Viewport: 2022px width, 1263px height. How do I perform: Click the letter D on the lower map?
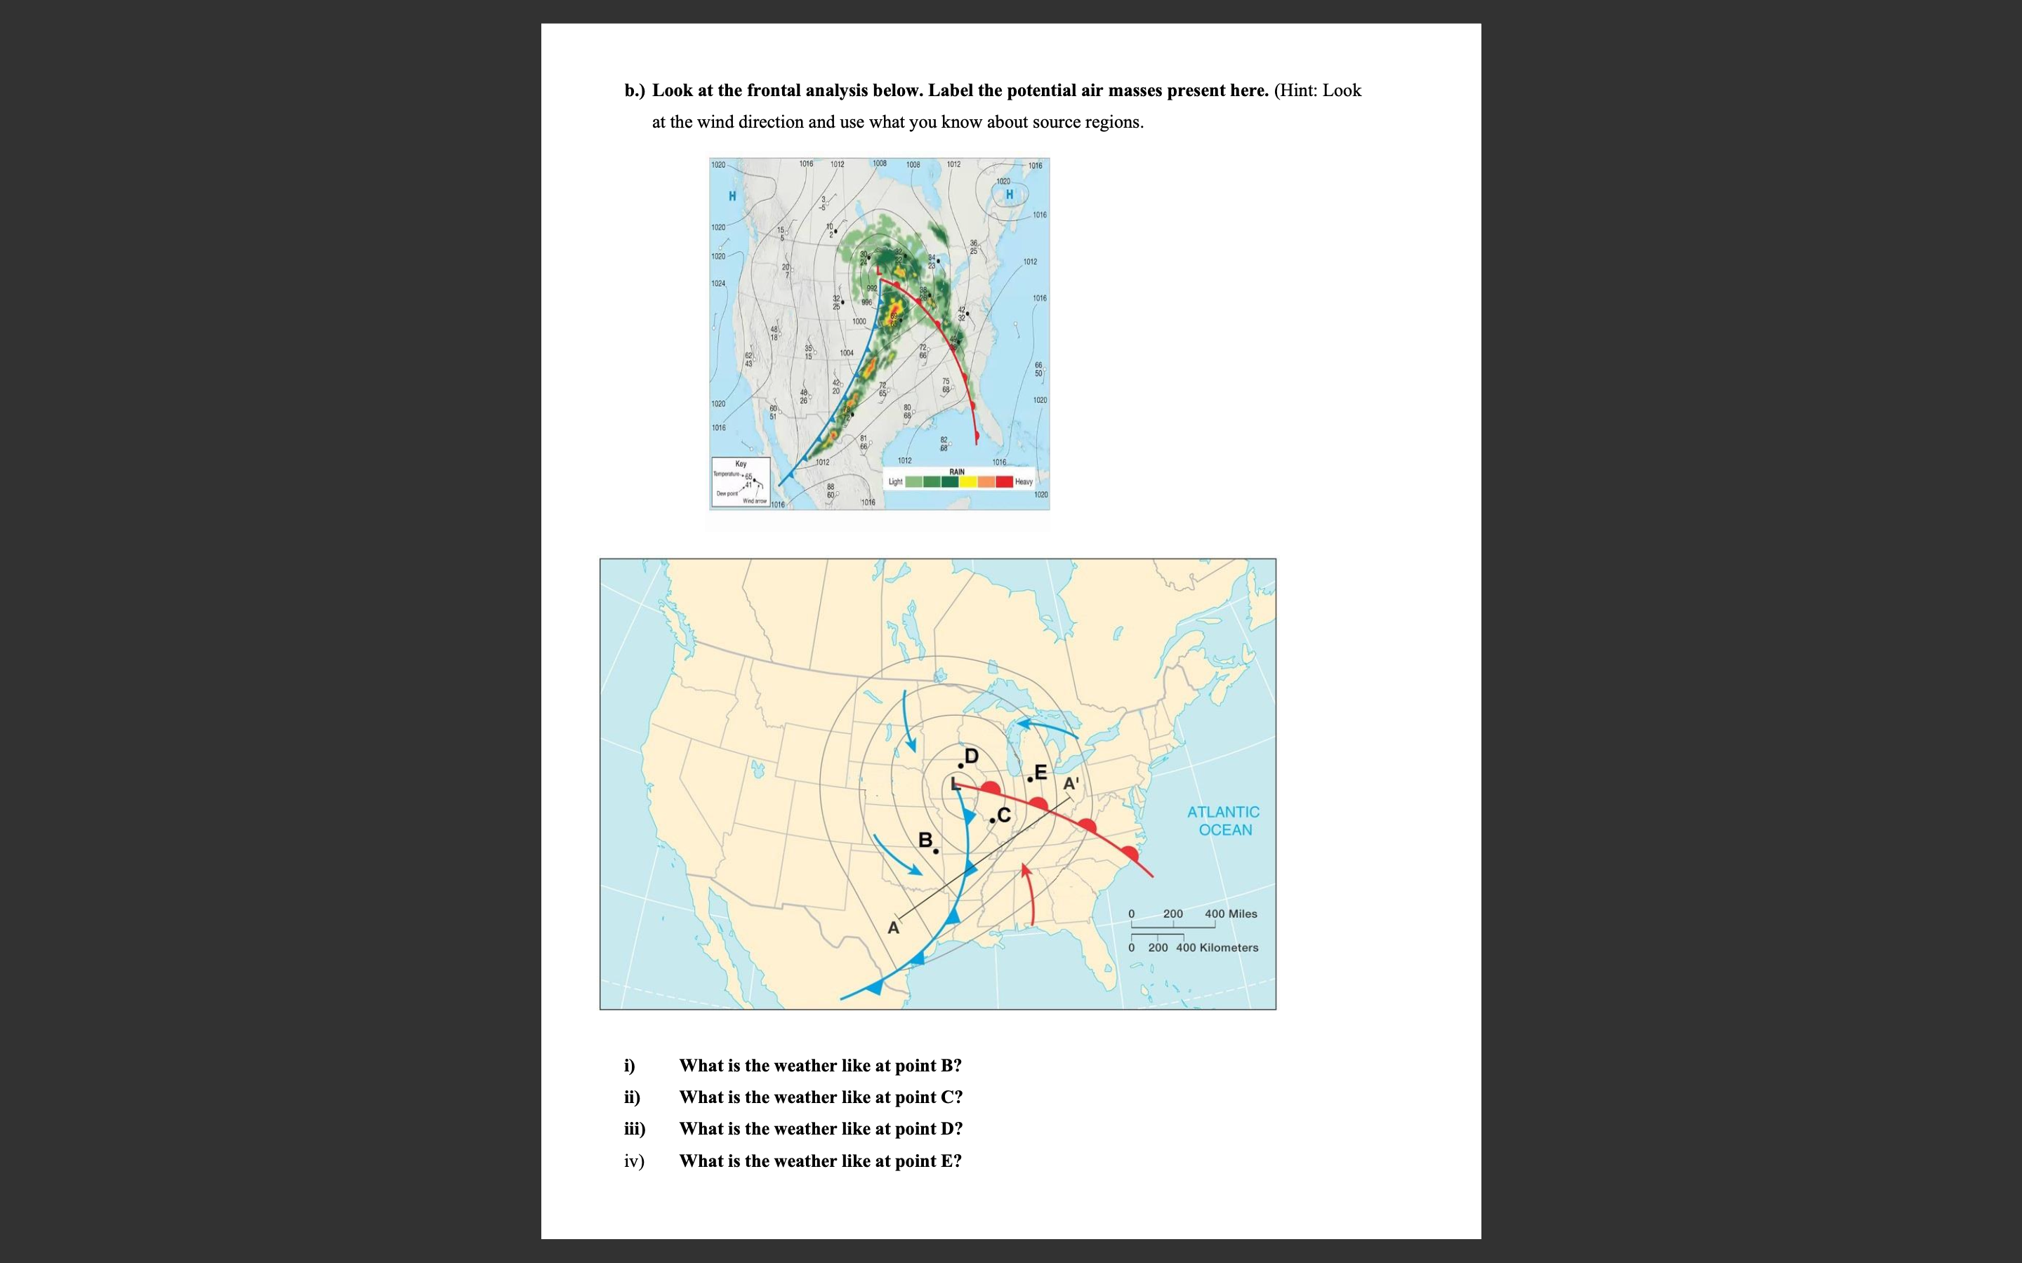tap(971, 756)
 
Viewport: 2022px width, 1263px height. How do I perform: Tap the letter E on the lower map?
tap(1040, 772)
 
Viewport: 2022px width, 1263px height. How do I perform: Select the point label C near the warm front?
tap(1003, 815)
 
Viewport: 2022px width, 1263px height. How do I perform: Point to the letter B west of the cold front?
tap(925, 839)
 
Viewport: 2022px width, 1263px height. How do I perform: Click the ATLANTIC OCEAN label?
tap(1224, 820)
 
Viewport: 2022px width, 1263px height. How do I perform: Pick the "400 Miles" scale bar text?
tap(1231, 914)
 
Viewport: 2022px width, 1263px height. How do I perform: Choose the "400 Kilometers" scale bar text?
tap(1217, 947)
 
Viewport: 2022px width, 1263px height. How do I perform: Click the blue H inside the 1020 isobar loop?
tap(1010, 194)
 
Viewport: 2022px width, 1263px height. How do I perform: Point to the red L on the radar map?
tap(878, 274)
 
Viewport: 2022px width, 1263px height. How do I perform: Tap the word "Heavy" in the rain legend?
tap(1024, 482)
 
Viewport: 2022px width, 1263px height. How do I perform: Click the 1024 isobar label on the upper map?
tap(718, 284)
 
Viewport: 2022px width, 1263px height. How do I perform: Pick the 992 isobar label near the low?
tap(871, 288)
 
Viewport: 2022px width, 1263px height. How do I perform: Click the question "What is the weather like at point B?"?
tap(819, 1065)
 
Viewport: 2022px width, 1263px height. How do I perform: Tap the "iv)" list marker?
tap(634, 1161)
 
